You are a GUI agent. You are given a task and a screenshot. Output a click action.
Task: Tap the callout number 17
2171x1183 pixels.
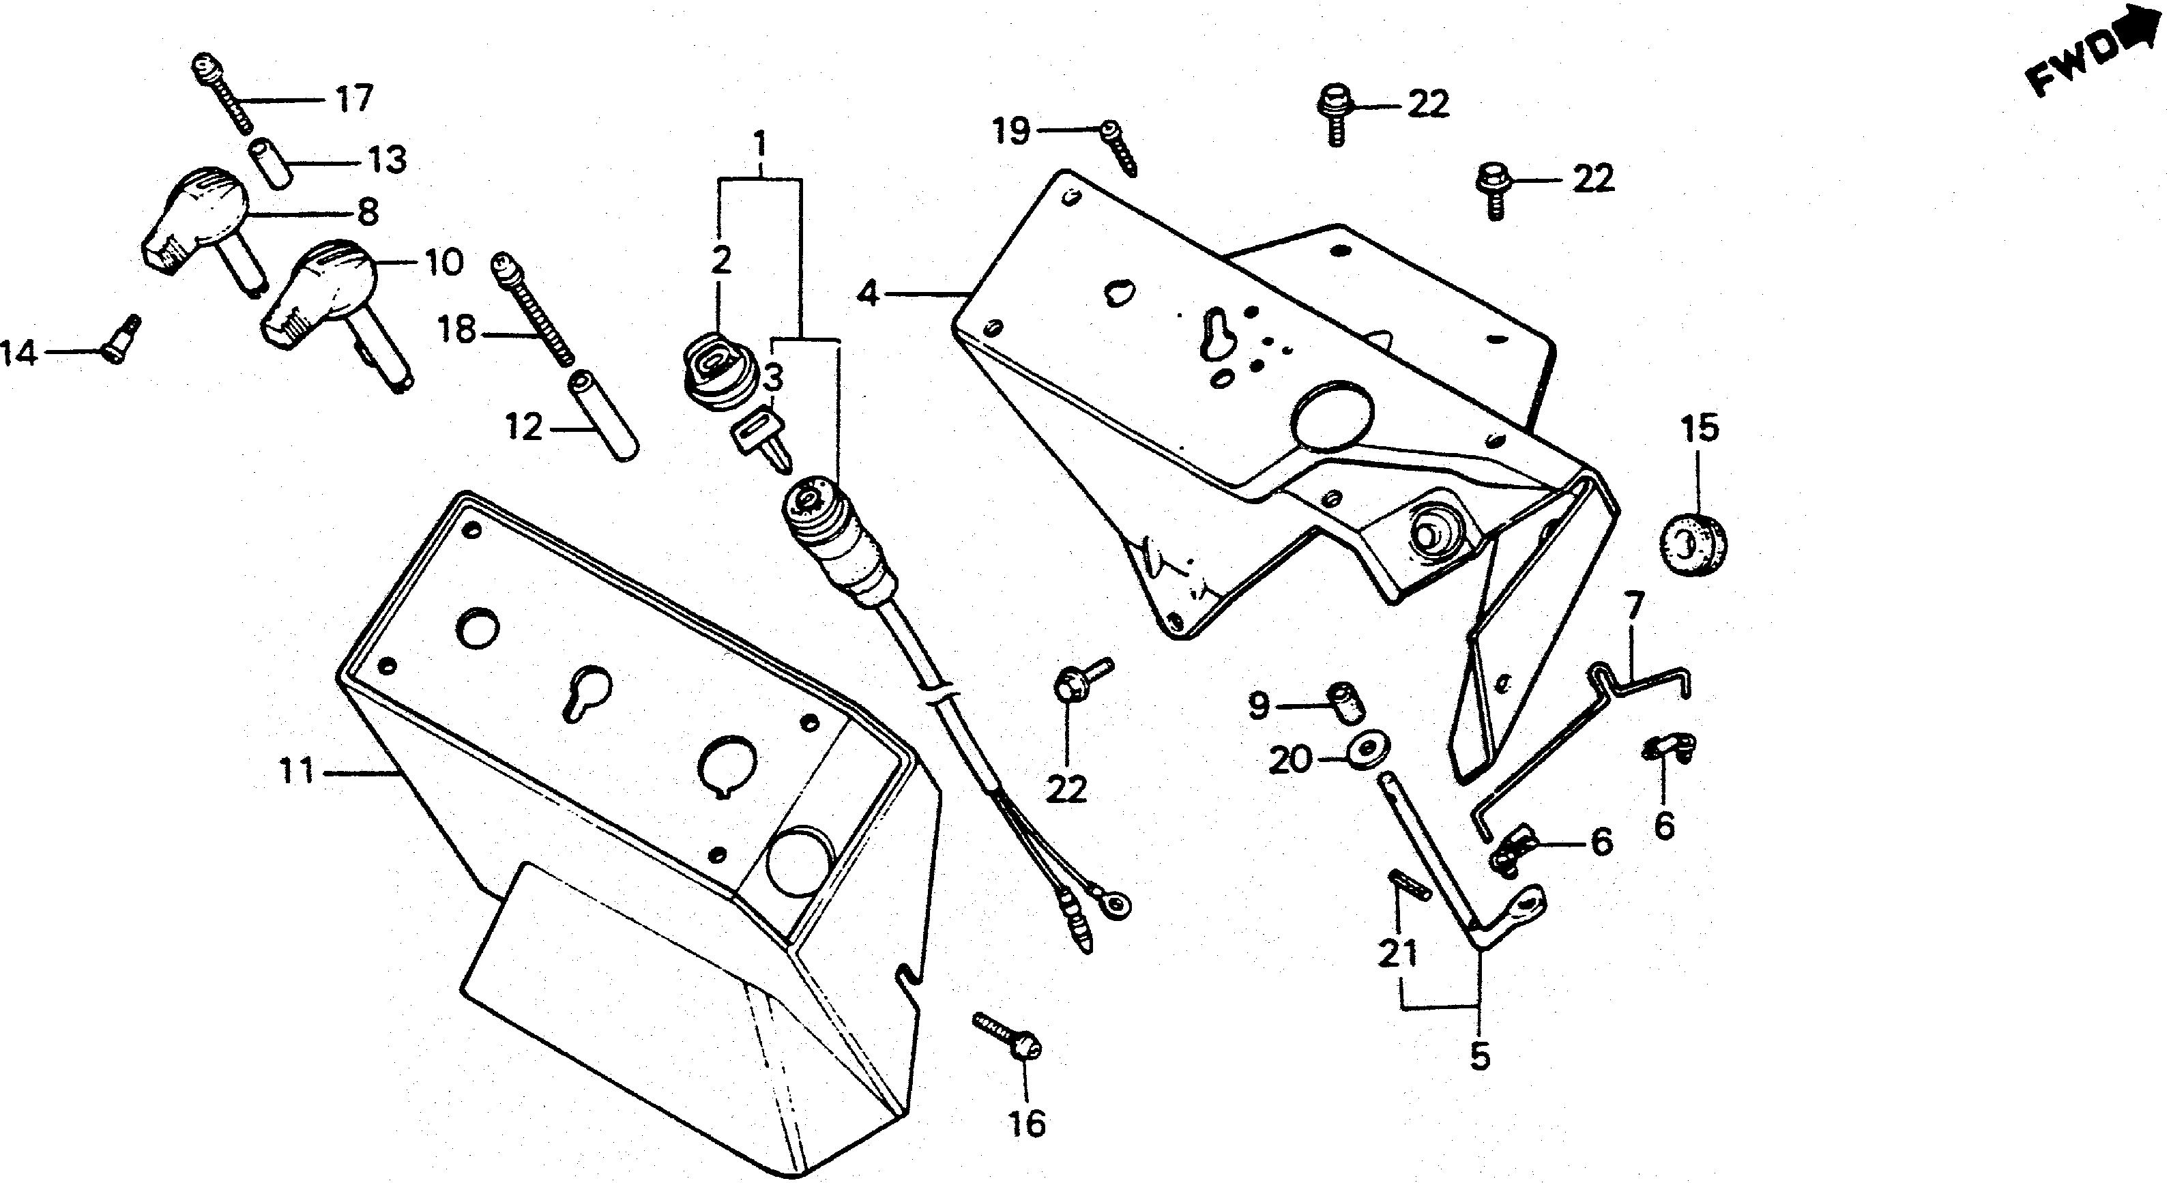354,100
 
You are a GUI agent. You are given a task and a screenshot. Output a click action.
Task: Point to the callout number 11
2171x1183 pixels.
297,771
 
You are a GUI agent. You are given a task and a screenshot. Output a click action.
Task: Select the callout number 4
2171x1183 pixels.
868,295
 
